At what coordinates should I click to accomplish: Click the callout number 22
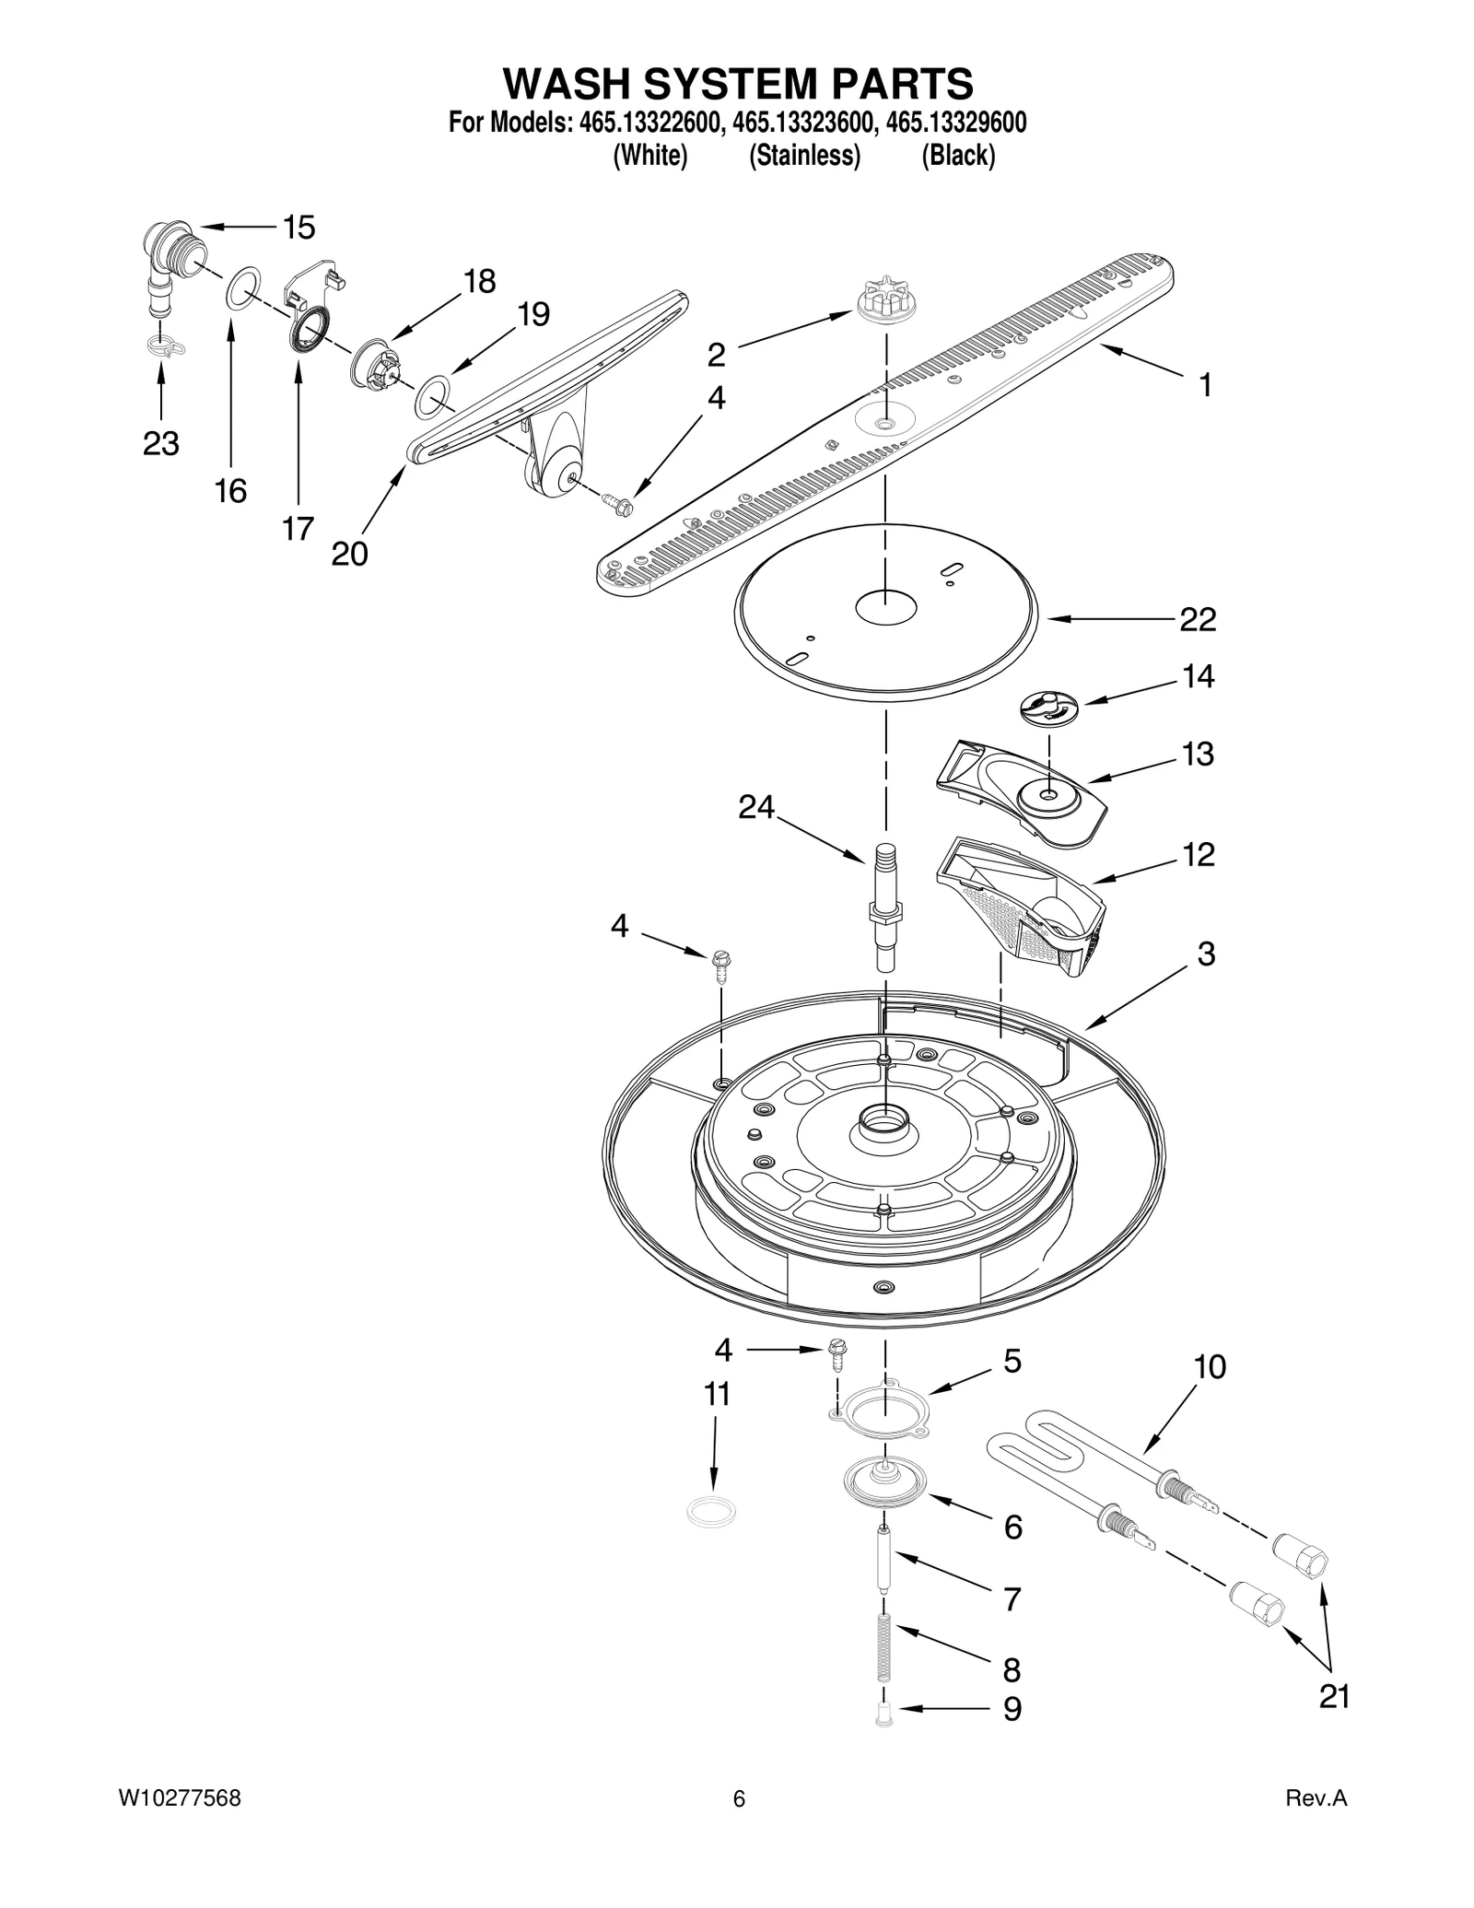1198,619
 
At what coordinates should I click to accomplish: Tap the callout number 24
756,807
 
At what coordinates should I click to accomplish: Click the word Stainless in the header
804,156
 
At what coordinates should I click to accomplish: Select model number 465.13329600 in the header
956,123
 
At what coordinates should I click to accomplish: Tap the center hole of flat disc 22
885,606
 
